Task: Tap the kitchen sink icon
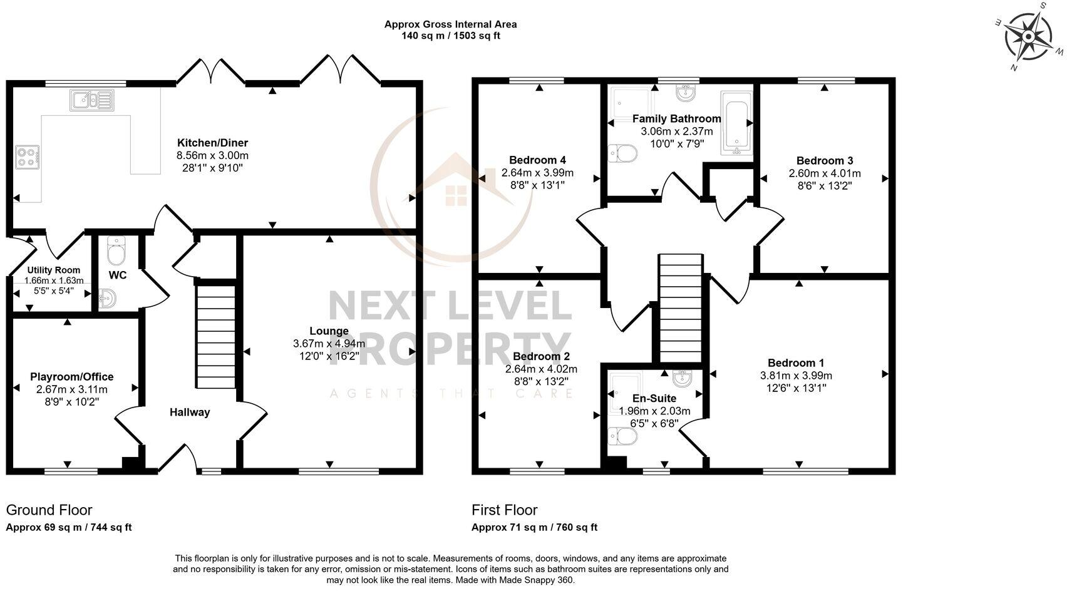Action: (91, 100)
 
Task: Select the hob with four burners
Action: (28, 156)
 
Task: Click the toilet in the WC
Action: (116, 252)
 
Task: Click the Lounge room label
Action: (329, 331)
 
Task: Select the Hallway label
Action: (190, 412)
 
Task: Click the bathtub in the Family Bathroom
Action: (736, 123)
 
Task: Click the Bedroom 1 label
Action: (796, 363)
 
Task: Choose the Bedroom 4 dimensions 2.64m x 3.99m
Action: (537, 173)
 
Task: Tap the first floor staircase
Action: (680, 307)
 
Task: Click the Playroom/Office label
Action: (72, 377)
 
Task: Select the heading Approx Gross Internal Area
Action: (450, 24)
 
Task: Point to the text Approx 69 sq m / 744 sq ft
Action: (69, 527)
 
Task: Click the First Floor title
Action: (504, 510)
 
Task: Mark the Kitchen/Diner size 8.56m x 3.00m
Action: (212, 155)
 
